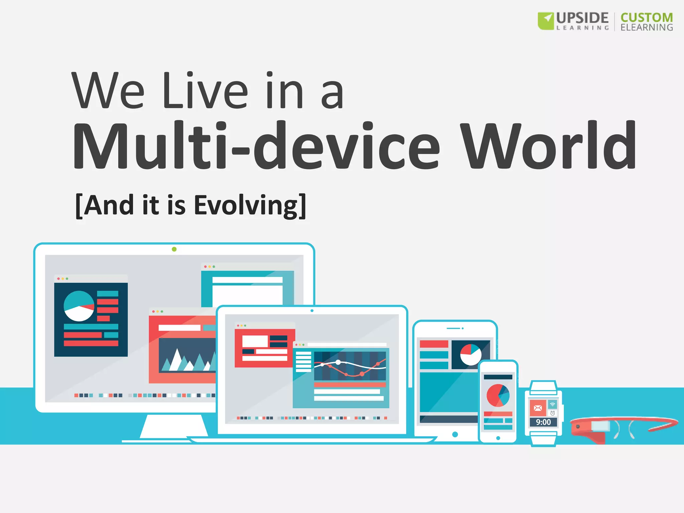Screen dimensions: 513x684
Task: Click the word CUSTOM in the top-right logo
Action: pos(647,17)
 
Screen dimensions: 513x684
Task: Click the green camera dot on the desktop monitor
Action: pos(174,249)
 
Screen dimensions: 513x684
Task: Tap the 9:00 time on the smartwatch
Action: pos(543,422)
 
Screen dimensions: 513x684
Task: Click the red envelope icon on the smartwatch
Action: pos(538,408)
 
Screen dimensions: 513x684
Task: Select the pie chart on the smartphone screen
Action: pos(498,395)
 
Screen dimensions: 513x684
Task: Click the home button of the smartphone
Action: pos(498,438)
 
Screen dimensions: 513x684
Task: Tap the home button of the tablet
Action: pos(455,434)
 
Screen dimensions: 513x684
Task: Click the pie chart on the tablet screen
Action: pos(471,354)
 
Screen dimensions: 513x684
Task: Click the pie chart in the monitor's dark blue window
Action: pos(79,306)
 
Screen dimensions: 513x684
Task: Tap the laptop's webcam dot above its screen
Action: pos(312,311)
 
